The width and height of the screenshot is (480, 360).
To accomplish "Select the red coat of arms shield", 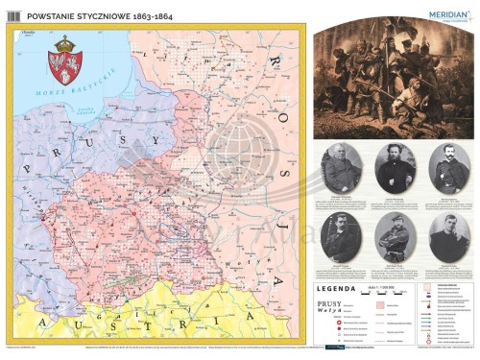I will point(65,67).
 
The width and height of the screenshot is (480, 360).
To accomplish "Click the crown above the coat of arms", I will point(65,44).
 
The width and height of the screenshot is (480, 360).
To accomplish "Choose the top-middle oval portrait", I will point(394,169).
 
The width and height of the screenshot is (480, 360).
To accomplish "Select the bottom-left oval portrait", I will point(343,236).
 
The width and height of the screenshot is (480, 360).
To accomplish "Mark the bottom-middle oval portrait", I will point(394,236).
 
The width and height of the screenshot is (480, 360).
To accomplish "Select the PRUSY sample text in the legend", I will point(332,303).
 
